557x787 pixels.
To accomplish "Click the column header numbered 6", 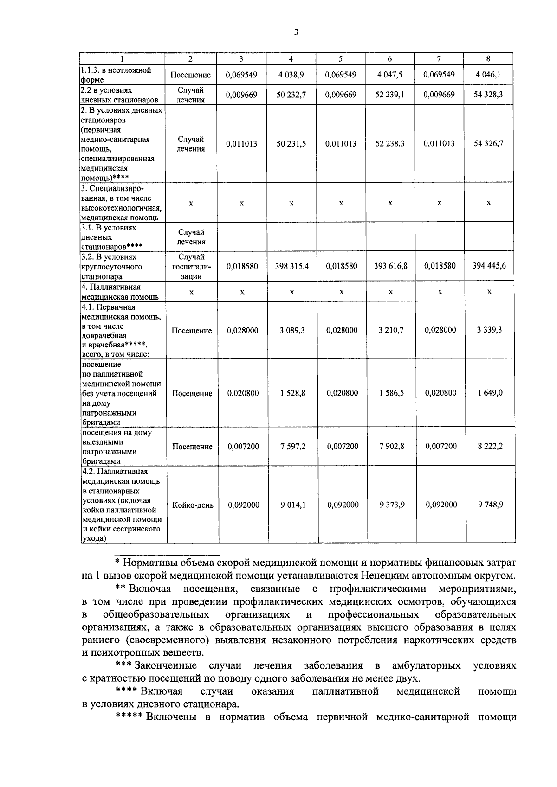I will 389,59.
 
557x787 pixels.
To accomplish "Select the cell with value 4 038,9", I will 291,75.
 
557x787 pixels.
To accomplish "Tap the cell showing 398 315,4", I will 291,266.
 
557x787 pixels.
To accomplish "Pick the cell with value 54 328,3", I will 488,95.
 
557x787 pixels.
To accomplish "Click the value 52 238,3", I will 390,144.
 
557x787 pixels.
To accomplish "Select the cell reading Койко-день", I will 193,505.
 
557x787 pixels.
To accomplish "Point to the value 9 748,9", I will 490,505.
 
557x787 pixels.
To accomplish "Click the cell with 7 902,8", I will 391,446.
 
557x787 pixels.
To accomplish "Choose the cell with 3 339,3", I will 489,330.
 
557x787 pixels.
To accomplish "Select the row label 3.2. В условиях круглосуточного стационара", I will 112,267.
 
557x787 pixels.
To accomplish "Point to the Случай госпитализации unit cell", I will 191,267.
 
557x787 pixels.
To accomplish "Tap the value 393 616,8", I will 390,266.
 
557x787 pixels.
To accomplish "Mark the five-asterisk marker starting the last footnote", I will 129,717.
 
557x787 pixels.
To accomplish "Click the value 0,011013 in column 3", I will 241,144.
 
